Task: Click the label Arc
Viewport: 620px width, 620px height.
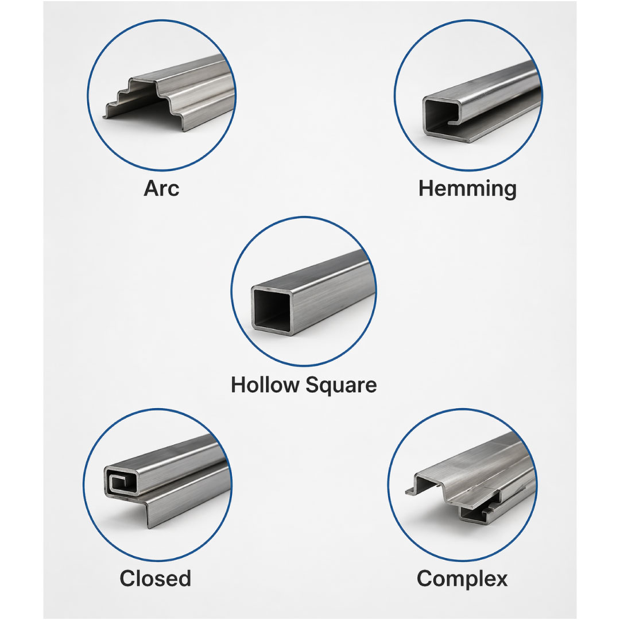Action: pyautogui.click(x=161, y=188)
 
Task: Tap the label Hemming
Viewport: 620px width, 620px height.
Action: pyautogui.click(x=467, y=189)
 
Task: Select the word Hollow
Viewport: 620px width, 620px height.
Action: pyautogui.click(x=265, y=385)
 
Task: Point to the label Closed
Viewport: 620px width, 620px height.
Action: pyautogui.click(x=156, y=579)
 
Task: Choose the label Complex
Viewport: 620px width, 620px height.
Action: pyautogui.click(x=462, y=579)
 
